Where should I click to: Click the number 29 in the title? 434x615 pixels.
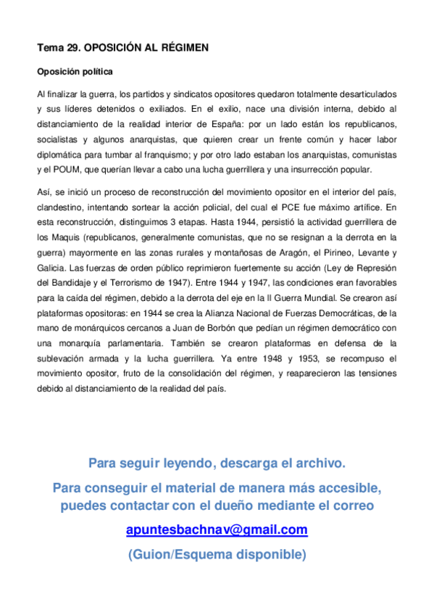[x=72, y=47]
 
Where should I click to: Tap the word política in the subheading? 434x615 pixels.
[x=95, y=72]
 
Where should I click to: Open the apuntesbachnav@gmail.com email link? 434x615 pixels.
[x=217, y=530]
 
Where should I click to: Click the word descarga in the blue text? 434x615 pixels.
[x=251, y=463]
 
